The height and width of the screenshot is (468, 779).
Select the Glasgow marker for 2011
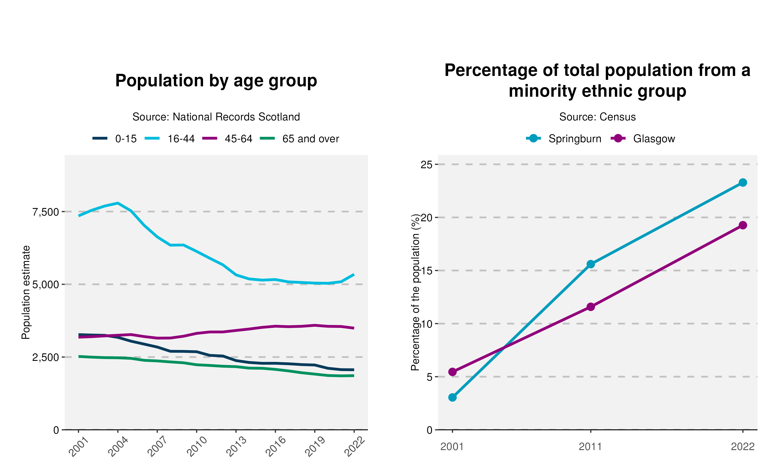(x=591, y=307)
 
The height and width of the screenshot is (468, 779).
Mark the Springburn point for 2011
(x=591, y=264)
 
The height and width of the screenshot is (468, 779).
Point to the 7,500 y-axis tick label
(x=46, y=212)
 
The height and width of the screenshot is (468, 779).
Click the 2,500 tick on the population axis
(x=46, y=357)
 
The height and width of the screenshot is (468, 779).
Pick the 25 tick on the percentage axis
(x=427, y=164)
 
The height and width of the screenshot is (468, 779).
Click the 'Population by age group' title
(x=216, y=81)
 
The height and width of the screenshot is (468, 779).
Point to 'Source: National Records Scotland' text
(x=216, y=117)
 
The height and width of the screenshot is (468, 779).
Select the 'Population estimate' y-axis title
(x=26, y=292)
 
